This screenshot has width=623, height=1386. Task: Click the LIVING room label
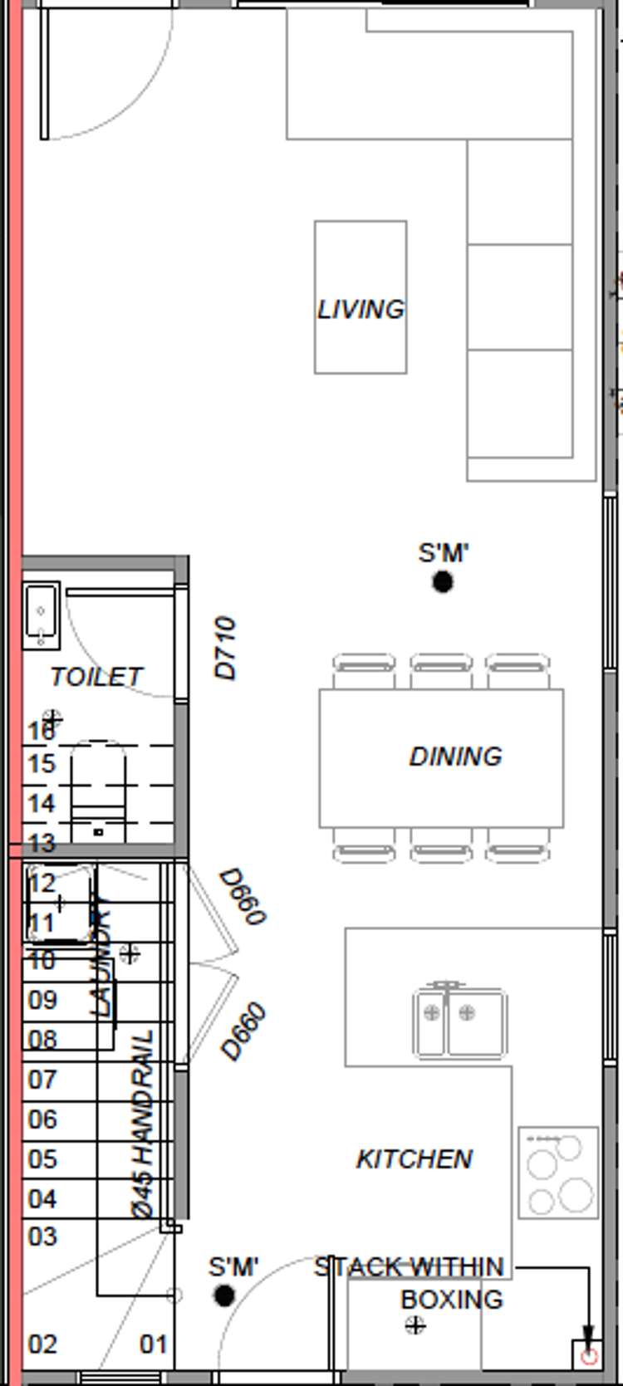coord(361,310)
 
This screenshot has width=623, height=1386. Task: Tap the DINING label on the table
coord(455,757)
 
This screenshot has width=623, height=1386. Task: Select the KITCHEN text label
coord(414,1159)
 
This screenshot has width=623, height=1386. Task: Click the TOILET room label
coord(96,677)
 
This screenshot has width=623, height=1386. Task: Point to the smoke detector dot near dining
coord(443,582)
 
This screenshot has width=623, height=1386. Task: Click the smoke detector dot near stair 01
coord(223,1295)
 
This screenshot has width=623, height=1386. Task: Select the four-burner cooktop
coord(558,1172)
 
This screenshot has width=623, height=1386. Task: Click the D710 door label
coord(226,649)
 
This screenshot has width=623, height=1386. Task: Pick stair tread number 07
coord(42,1080)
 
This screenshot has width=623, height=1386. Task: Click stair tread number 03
coord(42,1237)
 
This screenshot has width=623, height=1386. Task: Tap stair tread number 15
coord(41,764)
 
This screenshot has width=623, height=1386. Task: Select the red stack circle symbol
coord(589,1357)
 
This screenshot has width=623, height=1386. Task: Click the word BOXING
coord(452,1300)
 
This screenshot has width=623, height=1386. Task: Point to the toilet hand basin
coord(41,615)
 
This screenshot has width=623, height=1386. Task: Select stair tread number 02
coord(42,1344)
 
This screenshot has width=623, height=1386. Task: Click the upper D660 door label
coord(243,897)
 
